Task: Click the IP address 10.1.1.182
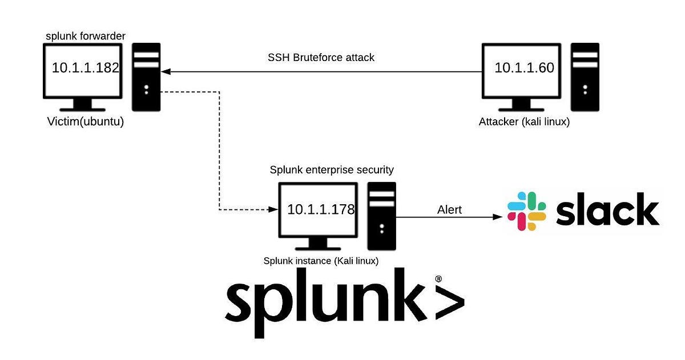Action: pos(85,68)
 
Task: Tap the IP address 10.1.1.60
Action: pos(524,68)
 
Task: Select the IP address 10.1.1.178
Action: pos(321,209)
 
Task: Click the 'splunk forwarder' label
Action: pos(86,37)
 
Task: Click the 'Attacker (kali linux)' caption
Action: pos(523,122)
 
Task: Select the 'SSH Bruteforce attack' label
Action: pos(321,58)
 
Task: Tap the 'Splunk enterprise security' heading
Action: pos(331,170)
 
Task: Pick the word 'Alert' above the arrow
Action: pos(449,210)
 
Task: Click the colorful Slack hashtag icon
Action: pos(526,211)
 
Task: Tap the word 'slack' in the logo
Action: pos(607,209)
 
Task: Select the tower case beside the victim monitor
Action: pos(146,76)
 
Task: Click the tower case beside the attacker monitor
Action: pos(584,76)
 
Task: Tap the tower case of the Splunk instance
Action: pos(381,216)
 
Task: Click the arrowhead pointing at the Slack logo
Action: pos(498,217)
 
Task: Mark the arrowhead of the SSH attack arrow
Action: pos(166,72)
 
